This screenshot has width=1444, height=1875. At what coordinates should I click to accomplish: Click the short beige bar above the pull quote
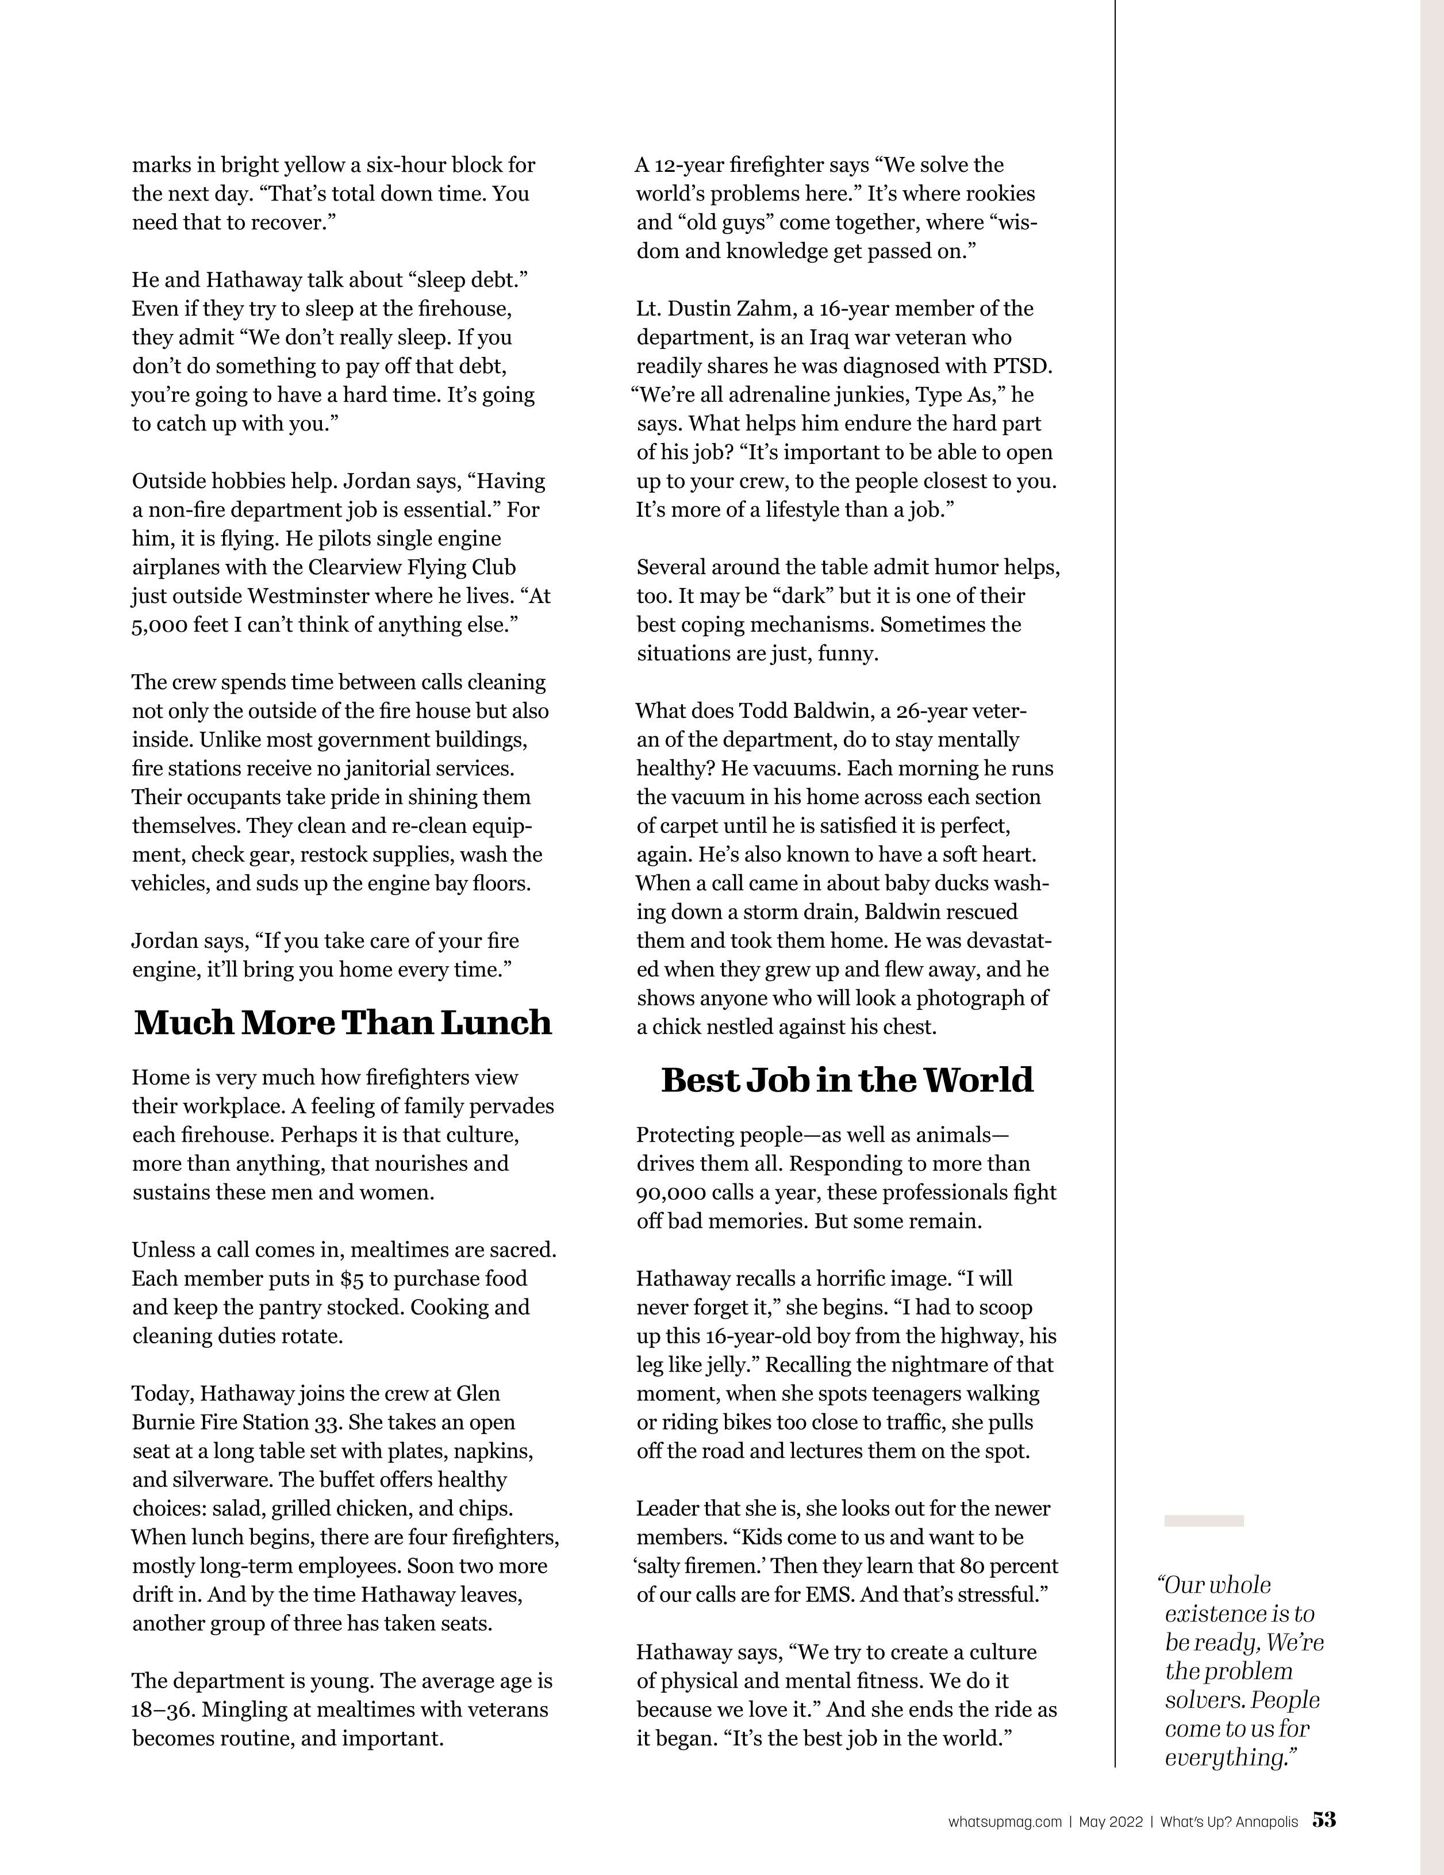[x=1204, y=1520]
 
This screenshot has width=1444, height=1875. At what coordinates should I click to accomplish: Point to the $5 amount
[x=351, y=1278]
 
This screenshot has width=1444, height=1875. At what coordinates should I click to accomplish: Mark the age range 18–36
[x=160, y=1709]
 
